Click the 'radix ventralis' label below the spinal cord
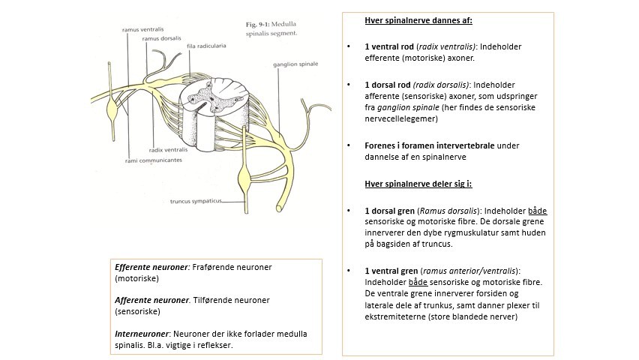tap(167, 150)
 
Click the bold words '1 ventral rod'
tap(391, 46)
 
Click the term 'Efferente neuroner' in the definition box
tap(152, 267)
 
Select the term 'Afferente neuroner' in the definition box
tap(152, 300)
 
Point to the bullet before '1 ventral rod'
tap(349, 46)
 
